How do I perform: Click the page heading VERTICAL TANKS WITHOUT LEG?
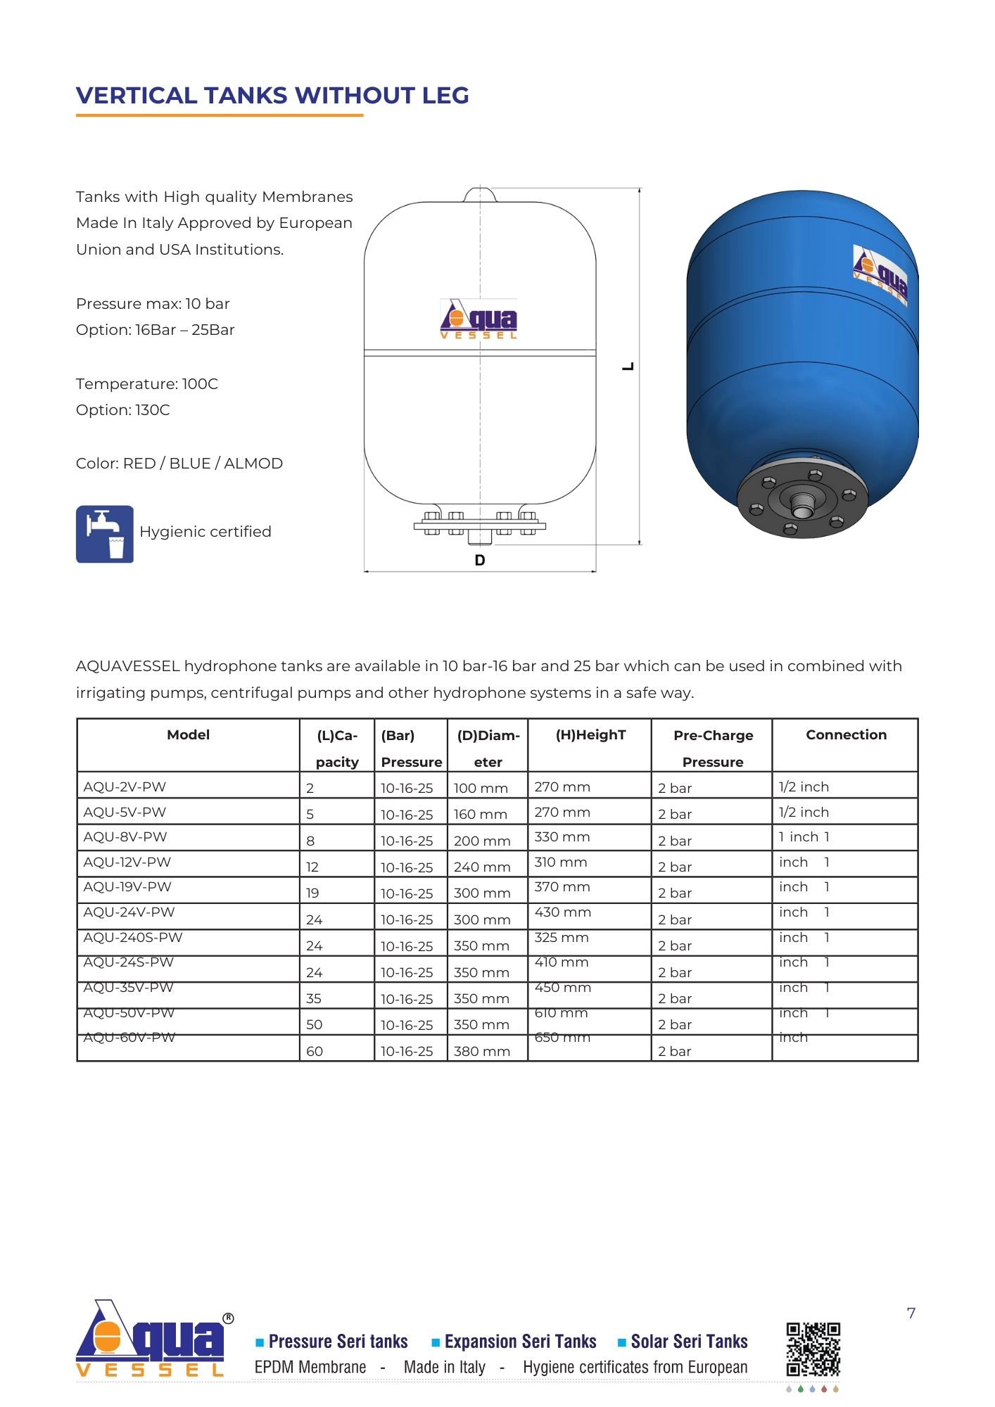(272, 96)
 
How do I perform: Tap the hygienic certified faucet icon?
(104, 534)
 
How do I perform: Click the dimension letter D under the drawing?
(480, 561)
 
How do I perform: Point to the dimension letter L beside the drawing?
(628, 367)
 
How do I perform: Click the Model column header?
(188, 735)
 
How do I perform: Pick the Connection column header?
(846, 735)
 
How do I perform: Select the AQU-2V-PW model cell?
(125, 787)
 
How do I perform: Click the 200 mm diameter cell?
(482, 841)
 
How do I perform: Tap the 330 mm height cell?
(562, 837)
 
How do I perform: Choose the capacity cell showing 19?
(312, 893)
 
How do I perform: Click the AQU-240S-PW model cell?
(133, 938)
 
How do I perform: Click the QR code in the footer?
(813, 1349)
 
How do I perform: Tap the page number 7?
(911, 1313)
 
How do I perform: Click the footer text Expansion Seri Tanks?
(520, 1342)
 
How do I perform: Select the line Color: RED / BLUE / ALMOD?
(179, 464)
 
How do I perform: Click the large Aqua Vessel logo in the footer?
(151, 1339)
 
